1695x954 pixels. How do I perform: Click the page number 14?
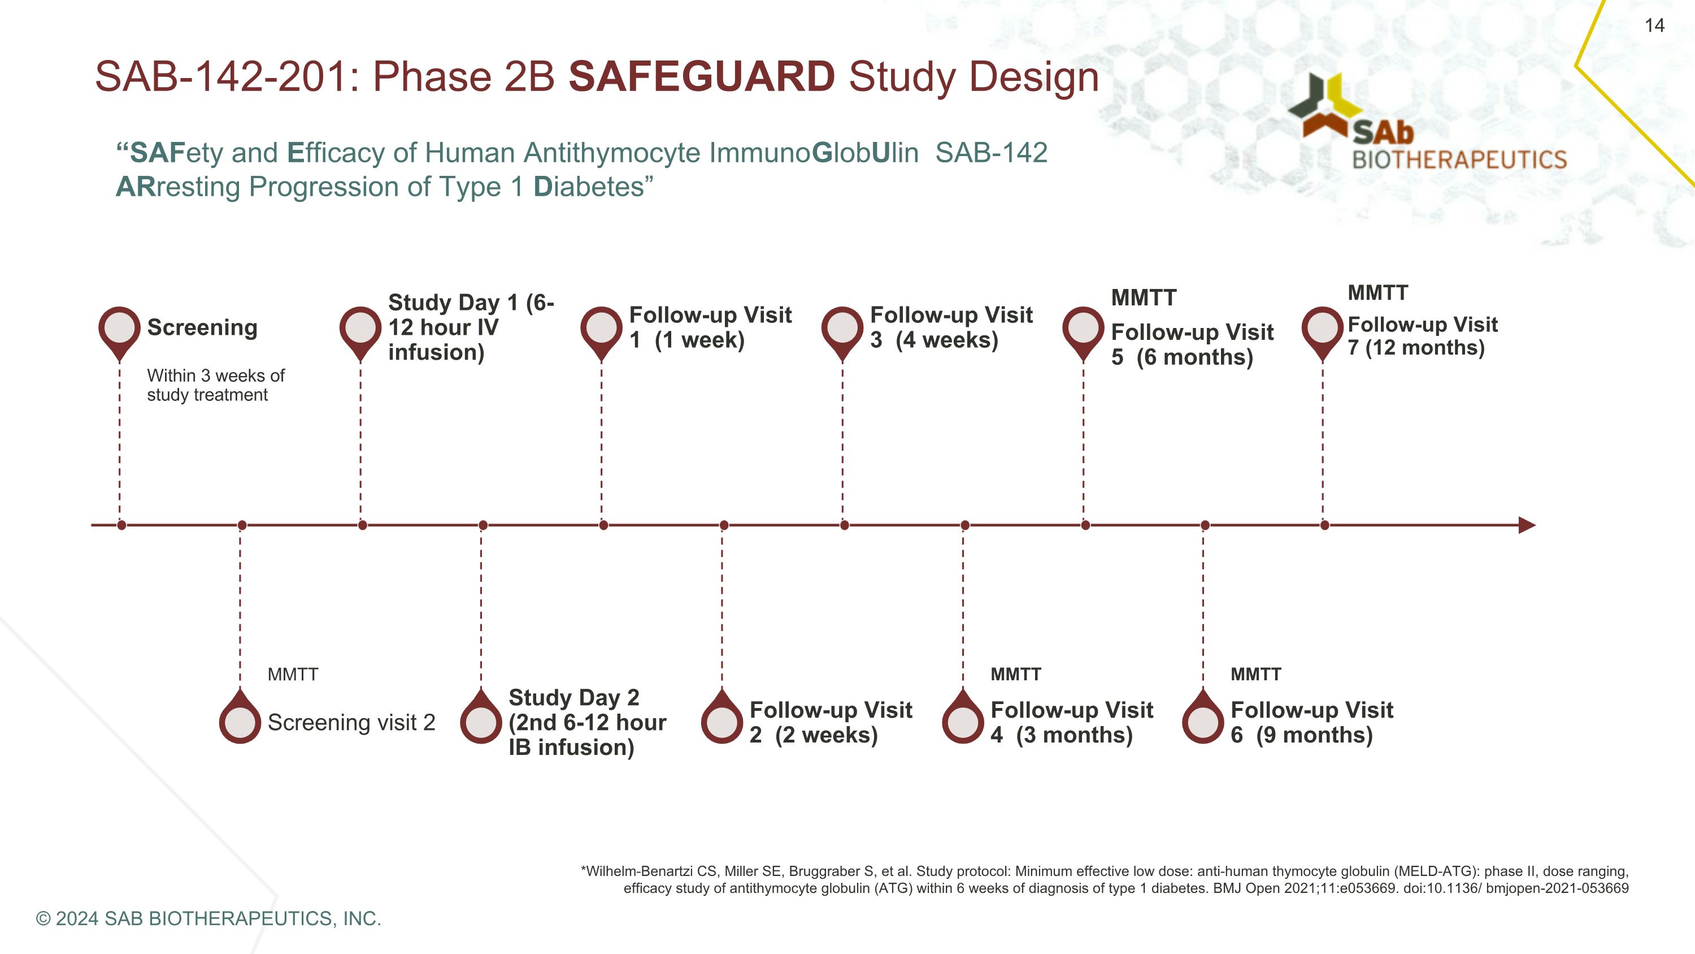[1654, 25]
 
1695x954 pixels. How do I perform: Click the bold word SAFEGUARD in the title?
[701, 76]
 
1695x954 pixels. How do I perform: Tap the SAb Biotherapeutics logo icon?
[1324, 105]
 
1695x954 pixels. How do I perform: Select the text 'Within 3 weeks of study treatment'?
[215, 385]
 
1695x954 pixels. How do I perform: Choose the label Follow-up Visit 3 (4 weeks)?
[951, 327]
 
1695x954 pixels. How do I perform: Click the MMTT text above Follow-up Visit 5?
[1144, 298]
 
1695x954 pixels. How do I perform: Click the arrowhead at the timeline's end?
[1527, 525]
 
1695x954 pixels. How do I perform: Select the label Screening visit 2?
[351, 722]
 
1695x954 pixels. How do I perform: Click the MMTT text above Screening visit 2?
[293, 674]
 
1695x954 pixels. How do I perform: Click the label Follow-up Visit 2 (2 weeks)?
[831, 722]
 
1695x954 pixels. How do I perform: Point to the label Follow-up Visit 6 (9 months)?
[1311, 722]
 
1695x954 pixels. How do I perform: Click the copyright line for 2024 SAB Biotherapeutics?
[208, 918]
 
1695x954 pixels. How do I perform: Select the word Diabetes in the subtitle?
[588, 187]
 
